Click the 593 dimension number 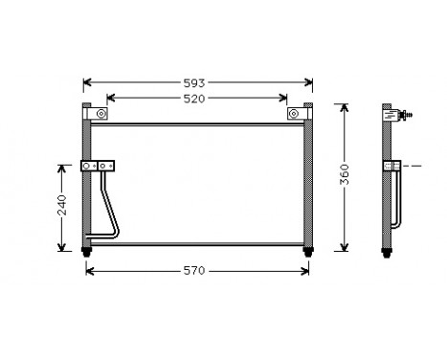pyautogui.click(x=196, y=82)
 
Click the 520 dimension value pyautogui.click(x=196, y=98)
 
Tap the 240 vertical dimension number pyautogui.click(x=62, y=206)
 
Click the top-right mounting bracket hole pyautogui.click(x=294, y=115)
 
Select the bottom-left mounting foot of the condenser pyautogui.click(x=88, y=253)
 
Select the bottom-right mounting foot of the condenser pyautogui.click(x=307, y=253)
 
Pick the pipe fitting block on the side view pyautogui.click(x=393, y=168)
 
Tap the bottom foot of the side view pyautogui.click(x=389, y=253)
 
